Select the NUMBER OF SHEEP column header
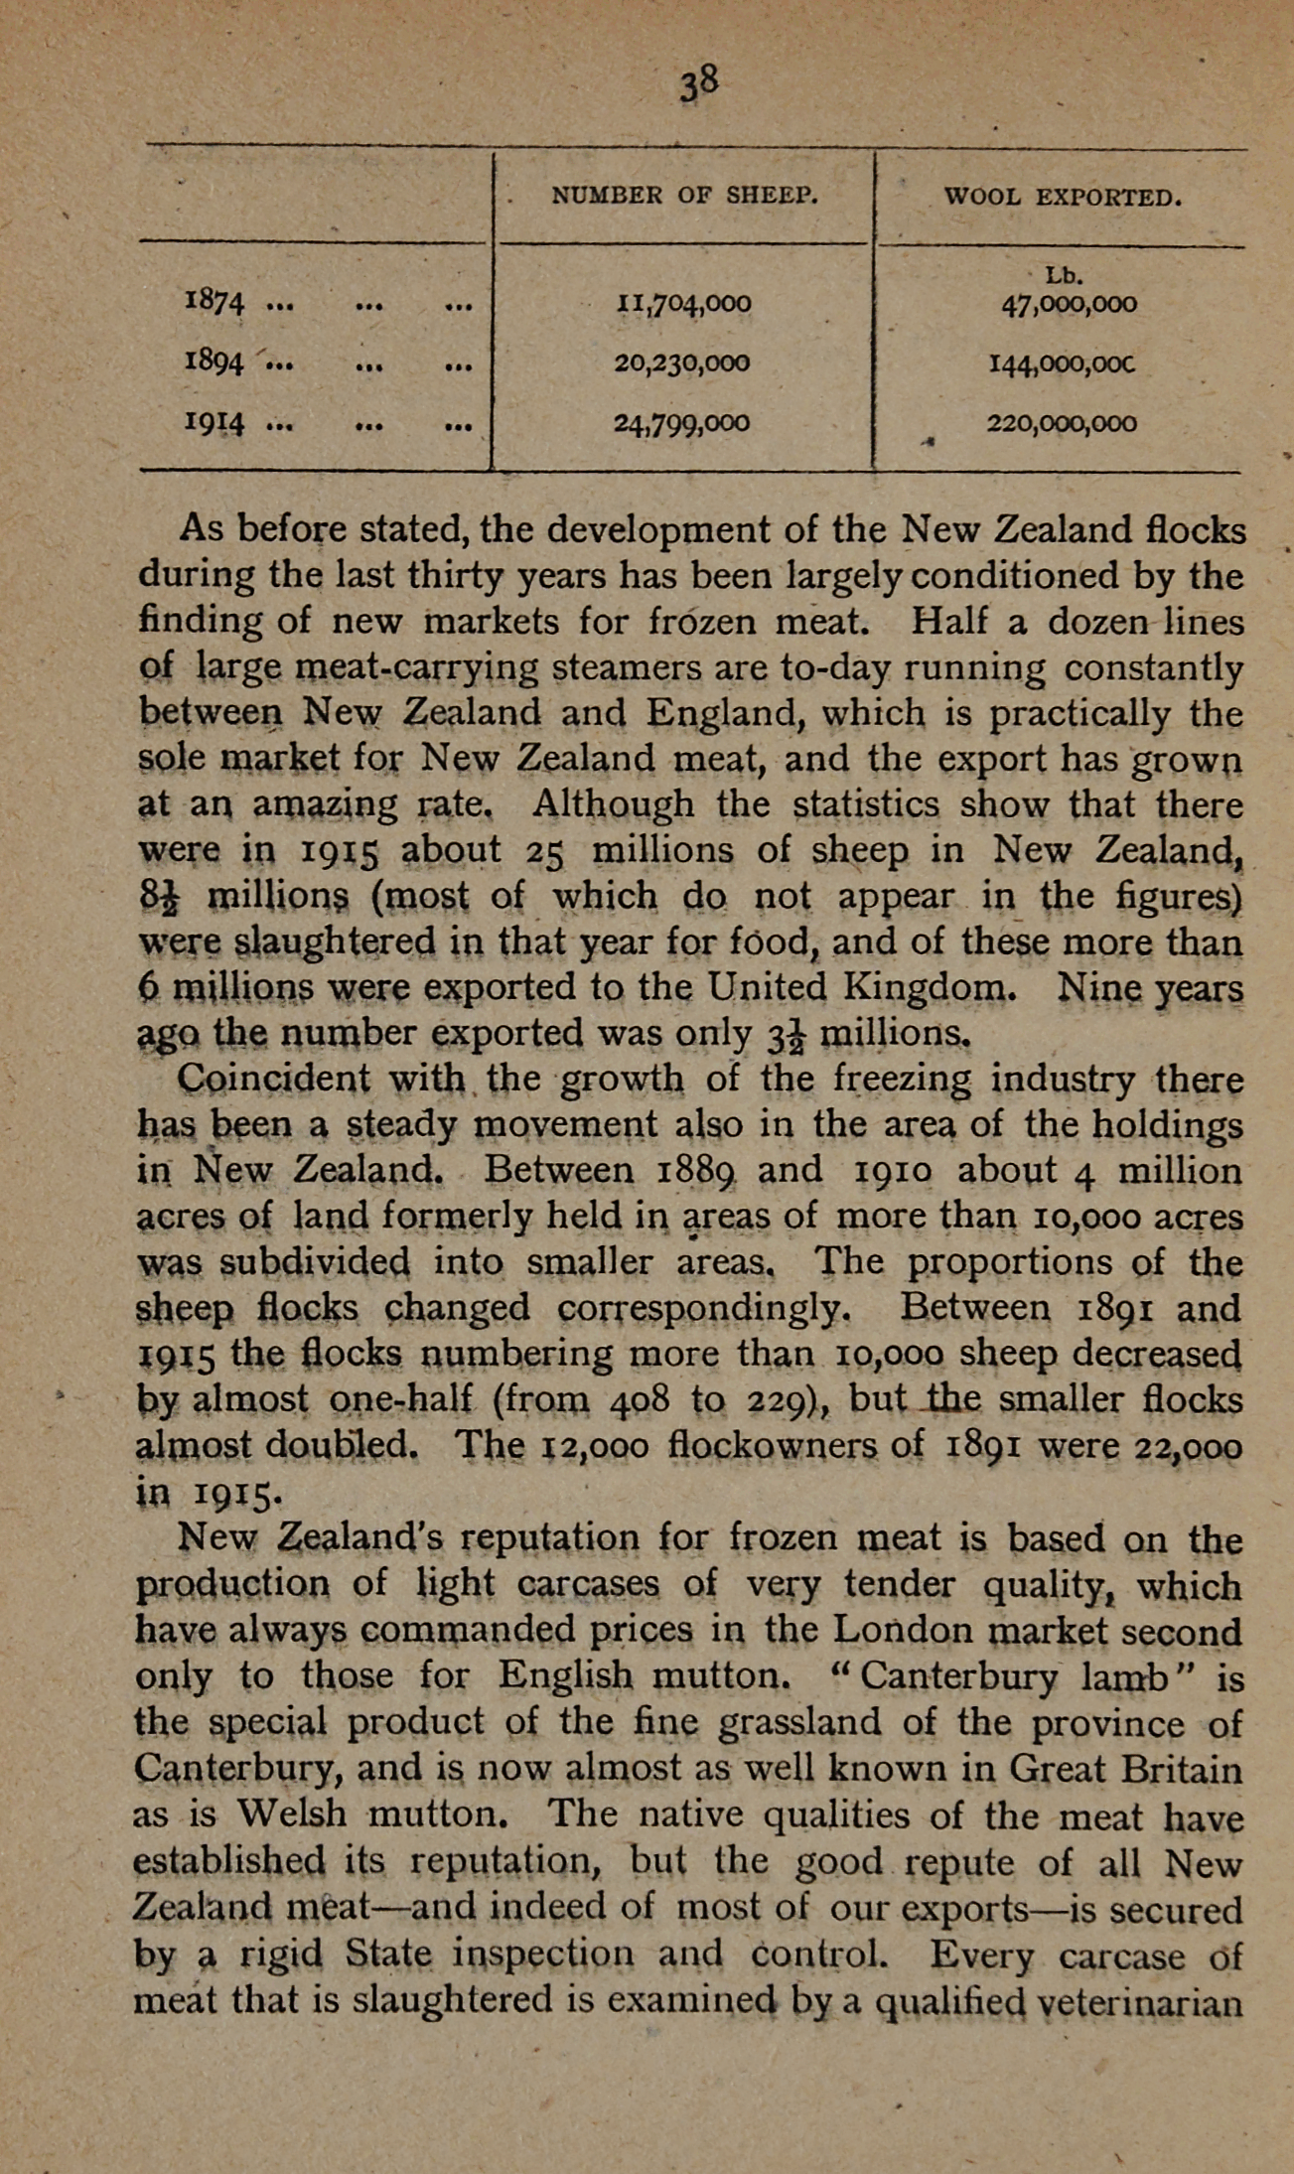tap(684, 196)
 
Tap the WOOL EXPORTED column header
tap(1063, 197)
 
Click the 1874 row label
tap(215, 302)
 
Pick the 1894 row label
tap(215, 363)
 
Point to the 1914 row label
tap(215, 424)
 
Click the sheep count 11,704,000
tap(683, 302)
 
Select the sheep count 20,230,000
tap(682, 363)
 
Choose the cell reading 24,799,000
tap(682, 424)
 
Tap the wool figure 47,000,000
tap(1069, 304)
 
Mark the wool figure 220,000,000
tap(1062, 424)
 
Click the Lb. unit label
tap(1064, 275)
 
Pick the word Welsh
tap(292, 1814)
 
